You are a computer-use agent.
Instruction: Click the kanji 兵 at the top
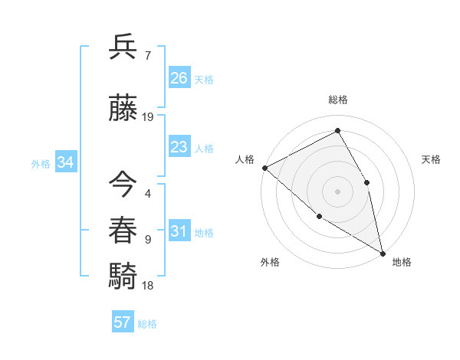[x=123, y=47]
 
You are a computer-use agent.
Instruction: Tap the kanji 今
[x=123, y=185]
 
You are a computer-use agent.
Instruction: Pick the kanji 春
[x=123, y=230]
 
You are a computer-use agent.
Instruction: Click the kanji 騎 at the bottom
[x=123, y=274]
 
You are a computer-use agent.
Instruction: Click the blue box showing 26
[x=179, y=78]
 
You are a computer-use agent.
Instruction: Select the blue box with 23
[x=179, y=147]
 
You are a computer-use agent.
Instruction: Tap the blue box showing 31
[x=179, y=232]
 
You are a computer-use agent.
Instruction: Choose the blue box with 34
[x=65, y=162]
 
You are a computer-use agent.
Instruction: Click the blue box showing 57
[x=123, y=322]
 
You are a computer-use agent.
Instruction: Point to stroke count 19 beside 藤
[x=148, y=117]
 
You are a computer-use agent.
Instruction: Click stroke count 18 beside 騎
[x=148, y=285]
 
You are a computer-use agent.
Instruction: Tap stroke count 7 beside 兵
[x=148, y=56]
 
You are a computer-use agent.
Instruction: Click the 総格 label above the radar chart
[x=337, y=100]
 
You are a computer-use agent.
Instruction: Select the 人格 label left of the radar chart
[x=245, y=159]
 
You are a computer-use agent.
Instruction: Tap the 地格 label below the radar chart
[x=402, y=262]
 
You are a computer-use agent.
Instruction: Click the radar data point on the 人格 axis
[x=264, y=167]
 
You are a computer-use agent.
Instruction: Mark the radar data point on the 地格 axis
[x=383, y=252]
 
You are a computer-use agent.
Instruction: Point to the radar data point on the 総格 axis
[x=337, y=131]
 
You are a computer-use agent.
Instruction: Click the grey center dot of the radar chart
[x=337, y=191]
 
